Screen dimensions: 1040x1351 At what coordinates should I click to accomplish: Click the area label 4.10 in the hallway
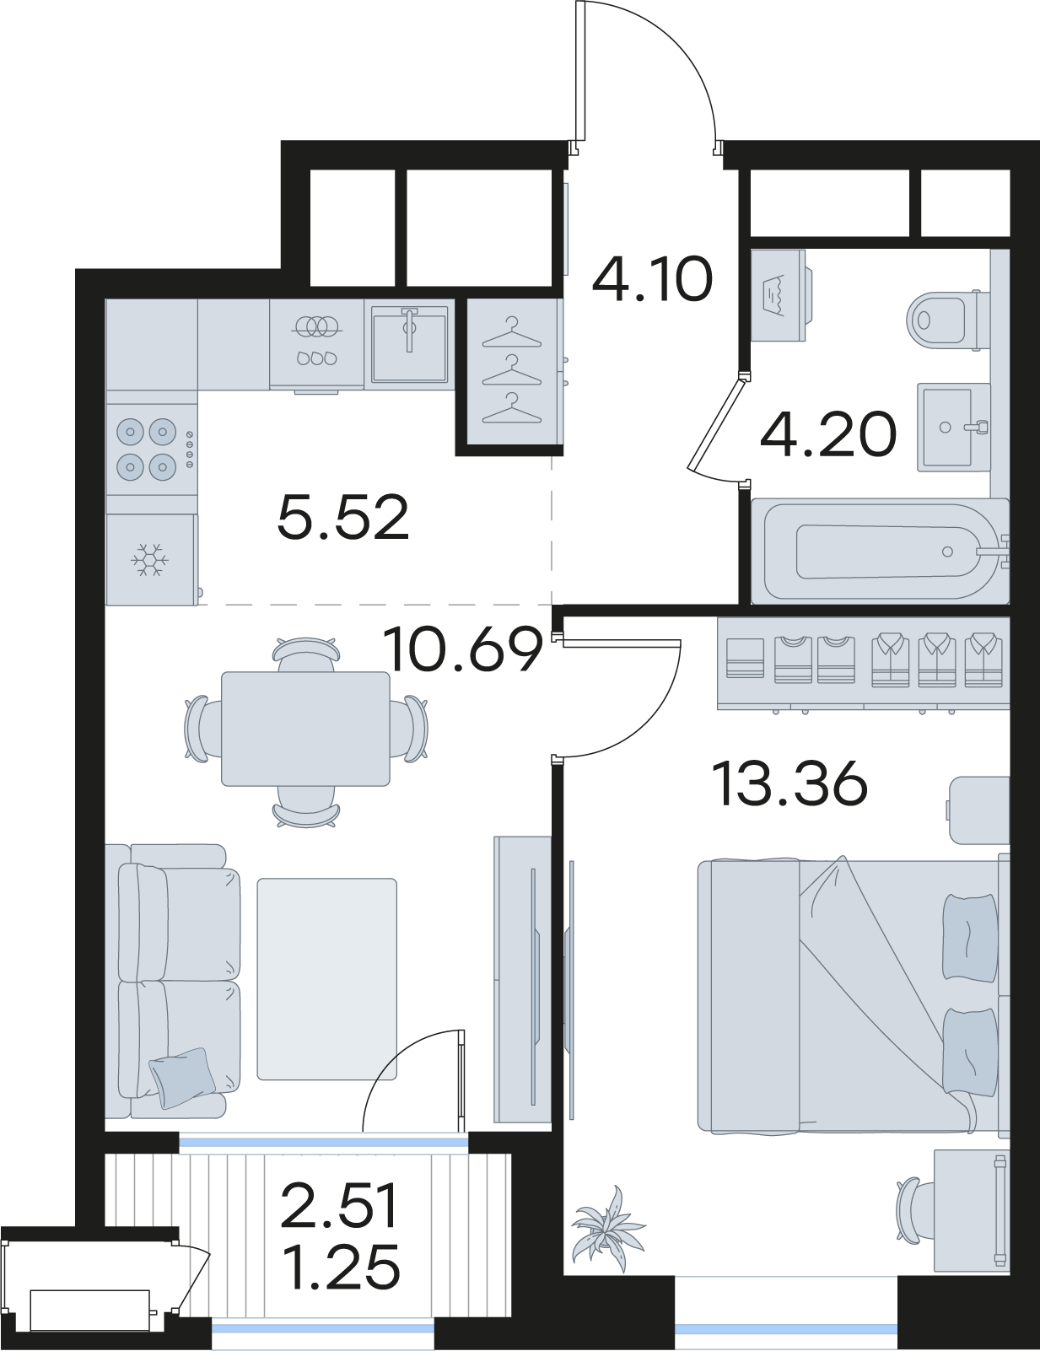pyautogui.click(x=651, y=280)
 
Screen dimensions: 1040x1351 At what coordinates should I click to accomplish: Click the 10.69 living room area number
pyautogui.click(x=464, y=649)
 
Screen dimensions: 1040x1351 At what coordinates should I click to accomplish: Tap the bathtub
pyautogui.click(x=880, y=551)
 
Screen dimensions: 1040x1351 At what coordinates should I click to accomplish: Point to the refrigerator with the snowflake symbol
pyautogui.click(x=152, y=559)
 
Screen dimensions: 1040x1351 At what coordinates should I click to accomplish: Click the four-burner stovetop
pyautogui.click(x=152, y=450)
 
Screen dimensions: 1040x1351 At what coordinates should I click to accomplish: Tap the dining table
pyautogui.click(x=306, y=728)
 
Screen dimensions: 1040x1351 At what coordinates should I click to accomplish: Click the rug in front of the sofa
pyautogui.click(x=327, y=979)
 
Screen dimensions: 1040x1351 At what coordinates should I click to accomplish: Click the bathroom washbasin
pyautogui.click(x=953, y=427)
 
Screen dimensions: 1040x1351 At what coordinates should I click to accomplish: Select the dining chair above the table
pyautogui.click(x=306, y=654)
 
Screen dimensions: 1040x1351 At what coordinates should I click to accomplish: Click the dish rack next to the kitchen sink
pyautogui.click(x=316, y=344)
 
